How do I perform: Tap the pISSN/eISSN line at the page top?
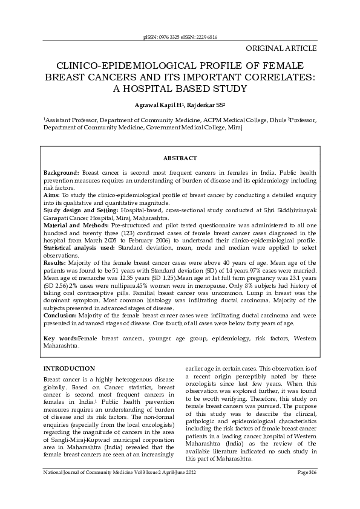[x=180, y=37]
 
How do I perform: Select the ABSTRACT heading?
[x=180, y=158]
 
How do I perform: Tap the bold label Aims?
[x=53, y=195]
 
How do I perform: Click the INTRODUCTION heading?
[x=69, y=368]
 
